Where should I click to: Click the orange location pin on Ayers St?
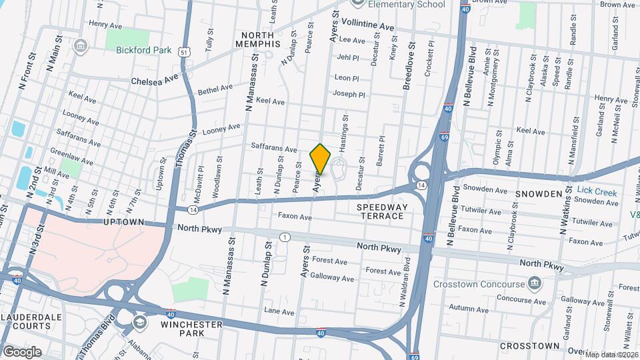[321, 159]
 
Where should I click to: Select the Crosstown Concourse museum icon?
[534, 284]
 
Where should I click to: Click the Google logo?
[21, 351]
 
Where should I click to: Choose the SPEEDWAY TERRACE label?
[380, 211]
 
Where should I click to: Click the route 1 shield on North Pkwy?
[285, 237]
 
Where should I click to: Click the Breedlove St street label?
[407, 67]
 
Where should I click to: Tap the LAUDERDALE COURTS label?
[27, 321]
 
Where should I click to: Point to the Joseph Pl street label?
[349, 95]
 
